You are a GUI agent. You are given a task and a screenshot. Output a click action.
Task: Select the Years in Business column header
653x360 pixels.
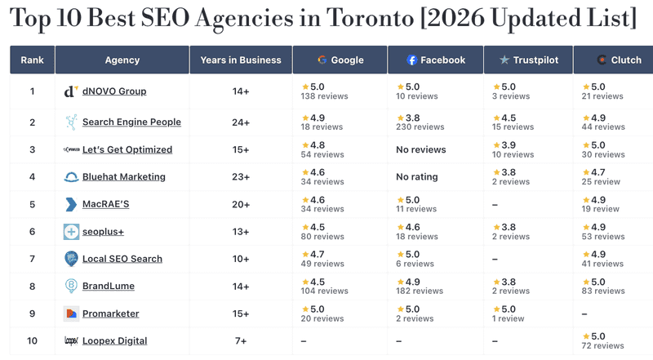[x=241, y=60]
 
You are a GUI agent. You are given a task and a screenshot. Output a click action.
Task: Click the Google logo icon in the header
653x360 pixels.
[x=322, y=60]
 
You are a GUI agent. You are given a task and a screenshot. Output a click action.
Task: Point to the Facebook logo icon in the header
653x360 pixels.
[x=412, y=60]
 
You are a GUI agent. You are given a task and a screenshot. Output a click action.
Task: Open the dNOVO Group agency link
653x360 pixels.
[x=114, y=91]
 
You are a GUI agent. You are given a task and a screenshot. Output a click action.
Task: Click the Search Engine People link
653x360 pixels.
[x=131, y=122]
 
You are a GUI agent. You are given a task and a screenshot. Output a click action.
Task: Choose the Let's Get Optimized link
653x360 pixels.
[x=127, y=149]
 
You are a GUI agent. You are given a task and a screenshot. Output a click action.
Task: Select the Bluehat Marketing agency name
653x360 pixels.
[x=123, y=177]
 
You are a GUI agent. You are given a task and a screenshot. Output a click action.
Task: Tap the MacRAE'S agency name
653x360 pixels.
[x=105, y=204]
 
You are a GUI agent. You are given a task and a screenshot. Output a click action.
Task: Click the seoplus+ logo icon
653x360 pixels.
[x=71, y=232]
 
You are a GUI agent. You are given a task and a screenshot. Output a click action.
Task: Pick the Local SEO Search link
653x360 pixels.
[x=122, y=259]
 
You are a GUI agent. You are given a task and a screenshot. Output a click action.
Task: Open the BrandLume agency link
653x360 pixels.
[x=109, y=287]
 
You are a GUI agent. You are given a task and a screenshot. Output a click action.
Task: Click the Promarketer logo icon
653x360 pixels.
[x=71, y=313]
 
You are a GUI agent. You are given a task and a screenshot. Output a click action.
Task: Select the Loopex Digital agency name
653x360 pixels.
[x=114, y=340]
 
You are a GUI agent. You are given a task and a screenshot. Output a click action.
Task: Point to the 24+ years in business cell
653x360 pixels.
[x=241, y=122]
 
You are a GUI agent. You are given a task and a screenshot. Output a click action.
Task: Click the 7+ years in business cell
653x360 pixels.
[x=241, y=340]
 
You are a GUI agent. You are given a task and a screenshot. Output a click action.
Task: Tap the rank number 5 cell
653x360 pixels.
[x=32, y=204]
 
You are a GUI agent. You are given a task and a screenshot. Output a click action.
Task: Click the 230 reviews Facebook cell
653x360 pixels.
[x=421, y=127]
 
